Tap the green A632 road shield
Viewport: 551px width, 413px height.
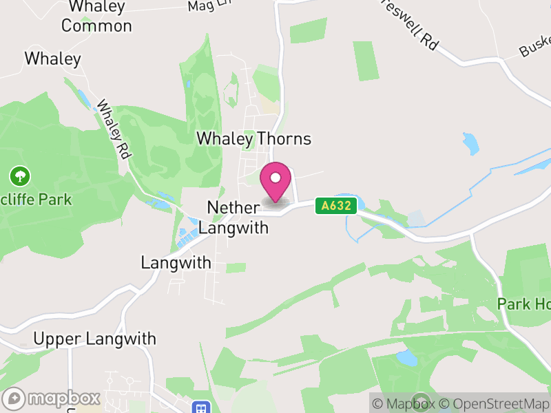point(336,206)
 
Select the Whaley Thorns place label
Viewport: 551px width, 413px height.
point(253,138)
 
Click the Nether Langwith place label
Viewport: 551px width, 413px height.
point(238,217)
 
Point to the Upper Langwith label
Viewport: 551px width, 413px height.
point(94,339)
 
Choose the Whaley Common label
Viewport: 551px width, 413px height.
point(96,17)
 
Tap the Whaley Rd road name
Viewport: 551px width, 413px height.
point(114,130)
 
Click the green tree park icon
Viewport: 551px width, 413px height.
point(19,176)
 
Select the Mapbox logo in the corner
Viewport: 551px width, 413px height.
point(52,399)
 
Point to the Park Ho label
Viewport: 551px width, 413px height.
point(524,304)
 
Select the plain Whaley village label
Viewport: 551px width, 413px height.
point(52,59)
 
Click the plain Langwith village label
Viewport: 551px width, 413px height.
point(176,263)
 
